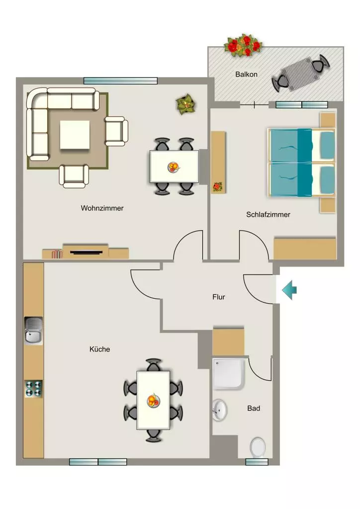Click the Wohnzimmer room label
pyautogui.click(x=102, y=208)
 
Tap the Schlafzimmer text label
pyautogui.click(x=268, y=215)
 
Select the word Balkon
pyautogui.click(x=247, y=75)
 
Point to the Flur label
pyautogui.click(x=219, y=297)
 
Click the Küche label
pyautogui.click(x=99, y=349)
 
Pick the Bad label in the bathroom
pyautogui.click(x=254, y=409)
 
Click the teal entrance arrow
pyautogui.click(x=289, y=290)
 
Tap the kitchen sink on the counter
pyautogui.click(x=33, y=331)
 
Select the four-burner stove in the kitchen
pyautogui.click(x=34, y=389)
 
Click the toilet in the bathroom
pyautogui.click(x=258, y=447)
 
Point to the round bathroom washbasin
pyautogui.click(x=220, y=410)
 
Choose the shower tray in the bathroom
pyautogui.click(x=229, y=373)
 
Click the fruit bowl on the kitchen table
pyautogui.click(x=153, y=401)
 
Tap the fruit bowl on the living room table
pyautogui.click(x=174, y=167)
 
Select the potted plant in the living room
pyautogui.click(x=186, y=104)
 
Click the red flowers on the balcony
pyautogui.click(x=243, y=45)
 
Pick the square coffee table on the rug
pyautogui.click(x=75, y=135)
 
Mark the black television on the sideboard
pyautogui.click(x=86, y=252)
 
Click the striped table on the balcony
pyautogui.click(x=300, y=75)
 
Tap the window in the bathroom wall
pyautogui.click(x=257, y=462)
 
